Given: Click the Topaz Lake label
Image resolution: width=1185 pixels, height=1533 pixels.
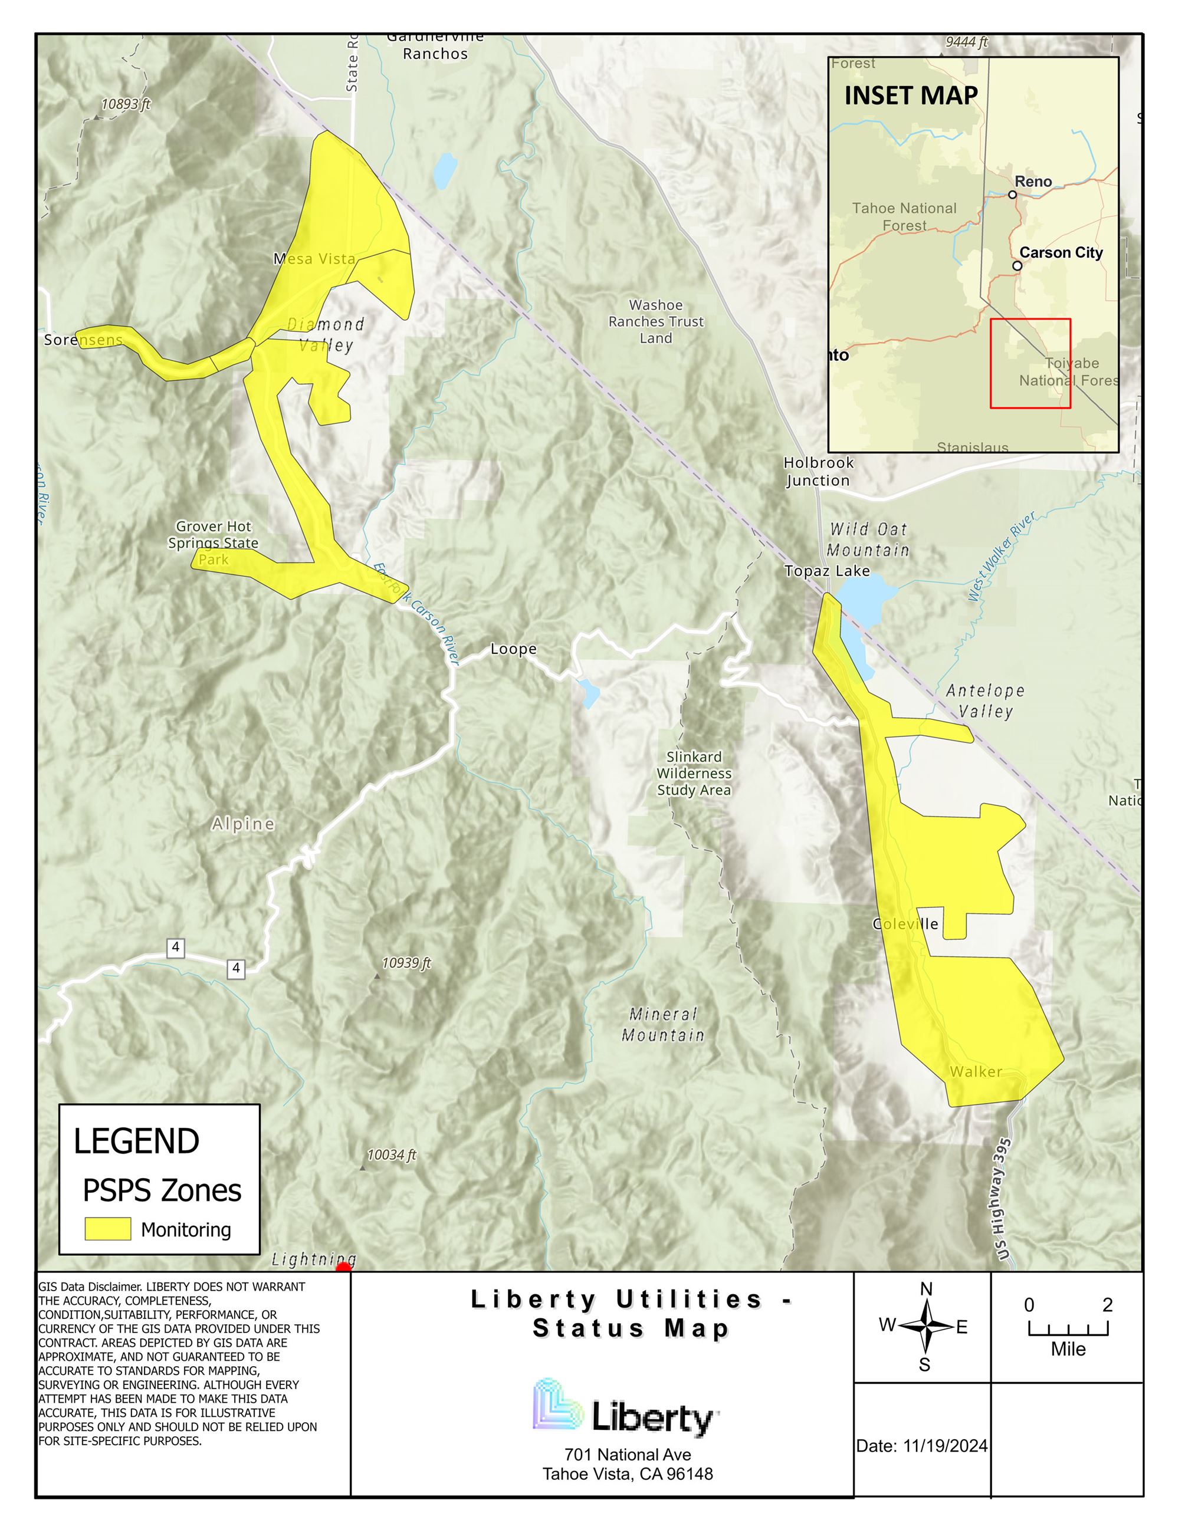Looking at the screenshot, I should click(x=826, y=571).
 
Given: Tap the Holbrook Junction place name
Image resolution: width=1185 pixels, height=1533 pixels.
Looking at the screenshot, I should click(x=818, y=472).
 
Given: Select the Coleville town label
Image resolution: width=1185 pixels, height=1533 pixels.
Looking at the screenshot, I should click(x=905, y=924).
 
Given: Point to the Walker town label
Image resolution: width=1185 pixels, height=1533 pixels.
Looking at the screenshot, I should click(x=975, y=1072).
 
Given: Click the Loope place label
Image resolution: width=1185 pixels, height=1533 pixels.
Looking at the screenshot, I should click(x=513, y=649).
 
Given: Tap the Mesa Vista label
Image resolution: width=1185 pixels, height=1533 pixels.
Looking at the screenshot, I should click(x=314, y=259).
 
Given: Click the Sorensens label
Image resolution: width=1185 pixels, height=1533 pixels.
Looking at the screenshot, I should click(x=83, y=340).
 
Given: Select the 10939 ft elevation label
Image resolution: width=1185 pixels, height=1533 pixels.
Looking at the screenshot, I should click(x=406, y=963).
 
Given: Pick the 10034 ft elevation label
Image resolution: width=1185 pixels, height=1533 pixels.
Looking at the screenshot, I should click(x=391, y=1154).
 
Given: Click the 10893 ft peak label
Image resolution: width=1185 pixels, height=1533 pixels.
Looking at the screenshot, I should click(x=125, y=104).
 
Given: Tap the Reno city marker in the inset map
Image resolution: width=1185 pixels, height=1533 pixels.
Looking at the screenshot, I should click(x=1012, y=195).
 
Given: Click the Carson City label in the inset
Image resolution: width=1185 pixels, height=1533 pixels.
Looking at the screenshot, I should click(x=1060, y=253).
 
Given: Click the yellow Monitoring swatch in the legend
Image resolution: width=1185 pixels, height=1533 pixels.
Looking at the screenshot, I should click(x=107, y=1228).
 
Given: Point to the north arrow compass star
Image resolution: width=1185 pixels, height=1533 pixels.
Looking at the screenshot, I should click(x=926, y=1326).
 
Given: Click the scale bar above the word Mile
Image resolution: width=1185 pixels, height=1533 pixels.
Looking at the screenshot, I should click(x=1068, y=1330).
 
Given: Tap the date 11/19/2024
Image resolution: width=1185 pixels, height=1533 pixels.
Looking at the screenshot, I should click(x=944, y=1446).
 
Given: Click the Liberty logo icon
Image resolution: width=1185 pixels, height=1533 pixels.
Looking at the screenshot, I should click(x=559, y=1404).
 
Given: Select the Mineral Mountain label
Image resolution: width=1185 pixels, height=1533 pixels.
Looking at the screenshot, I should click(x=663, y=1024).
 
